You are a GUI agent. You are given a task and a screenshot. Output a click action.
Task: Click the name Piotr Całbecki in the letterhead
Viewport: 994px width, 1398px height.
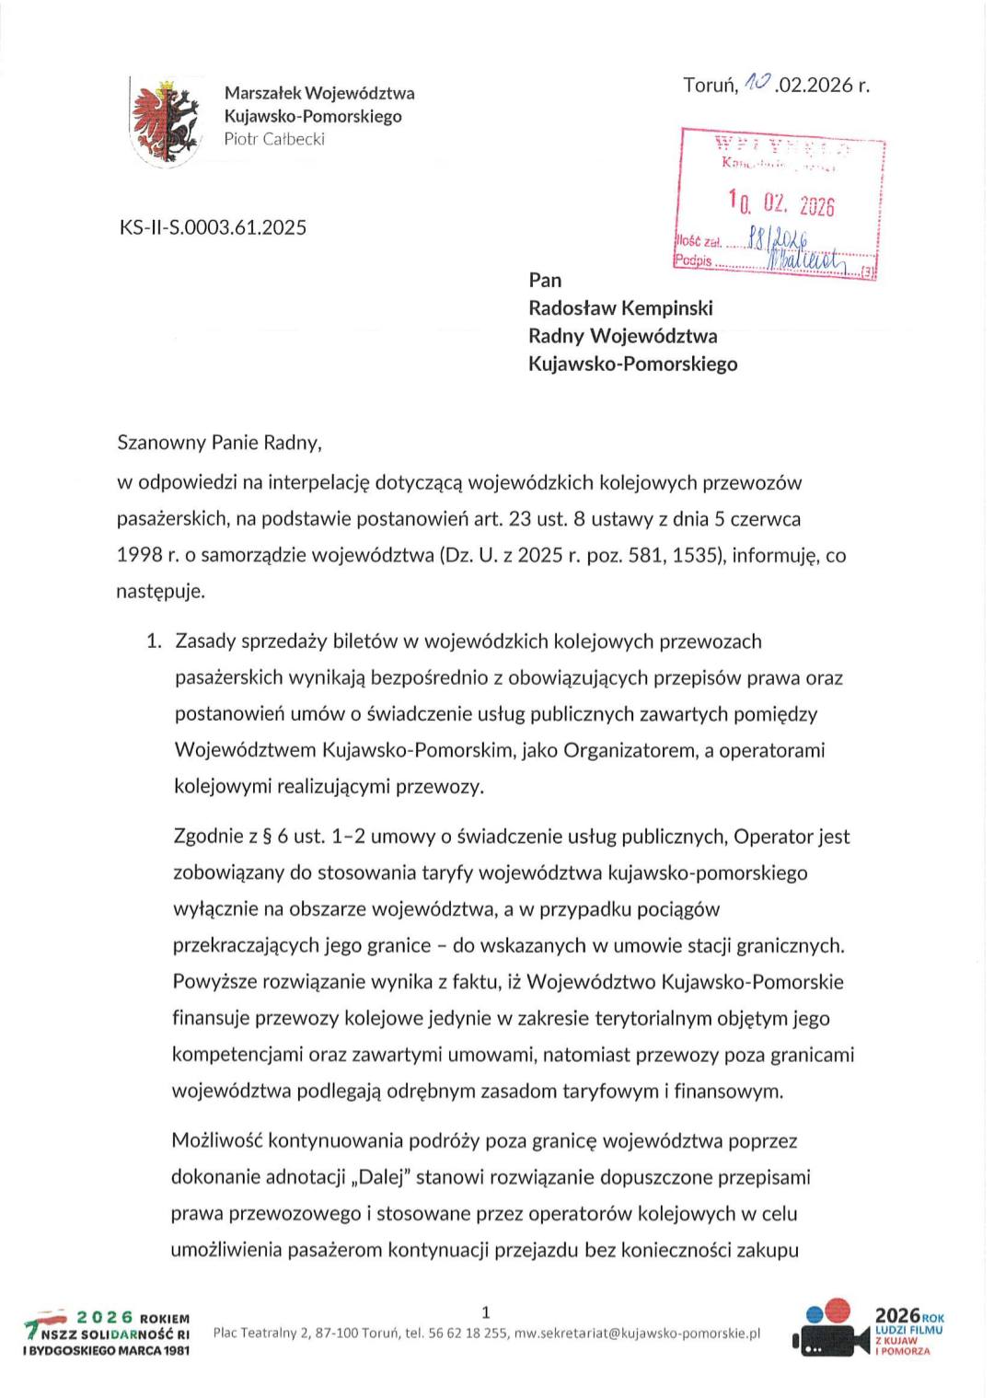tap(274, 139)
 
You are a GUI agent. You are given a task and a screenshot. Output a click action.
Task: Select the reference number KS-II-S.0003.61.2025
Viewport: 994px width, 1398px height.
tap(213, 227)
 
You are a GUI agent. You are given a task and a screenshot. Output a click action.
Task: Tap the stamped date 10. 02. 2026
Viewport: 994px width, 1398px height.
tap(780, 202)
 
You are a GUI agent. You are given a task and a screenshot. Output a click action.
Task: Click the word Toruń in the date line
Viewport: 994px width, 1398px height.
tap(710, 86)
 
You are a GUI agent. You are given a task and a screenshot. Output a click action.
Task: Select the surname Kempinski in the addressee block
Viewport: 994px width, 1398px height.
tap(669, 307)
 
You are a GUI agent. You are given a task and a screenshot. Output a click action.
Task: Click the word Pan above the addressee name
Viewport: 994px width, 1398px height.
tap(545, 280)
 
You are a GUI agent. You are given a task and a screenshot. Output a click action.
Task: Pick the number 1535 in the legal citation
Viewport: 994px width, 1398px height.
tap(690, 555)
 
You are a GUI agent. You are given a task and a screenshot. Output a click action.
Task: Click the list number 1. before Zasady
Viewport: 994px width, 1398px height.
tap(155, 641)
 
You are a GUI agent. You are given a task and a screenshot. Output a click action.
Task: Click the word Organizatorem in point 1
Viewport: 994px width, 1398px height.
tap(628, 750)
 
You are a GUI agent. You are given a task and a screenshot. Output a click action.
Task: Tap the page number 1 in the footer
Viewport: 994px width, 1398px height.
tap(486, 1312)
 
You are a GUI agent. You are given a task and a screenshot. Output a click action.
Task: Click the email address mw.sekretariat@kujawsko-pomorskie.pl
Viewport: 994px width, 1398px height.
tap(637, 1333)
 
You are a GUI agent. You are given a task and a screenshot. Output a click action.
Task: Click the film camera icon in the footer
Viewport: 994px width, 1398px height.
tap(829, 1331)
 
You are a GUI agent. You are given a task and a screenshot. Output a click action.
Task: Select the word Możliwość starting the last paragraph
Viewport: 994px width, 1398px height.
tap(215, 1141)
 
